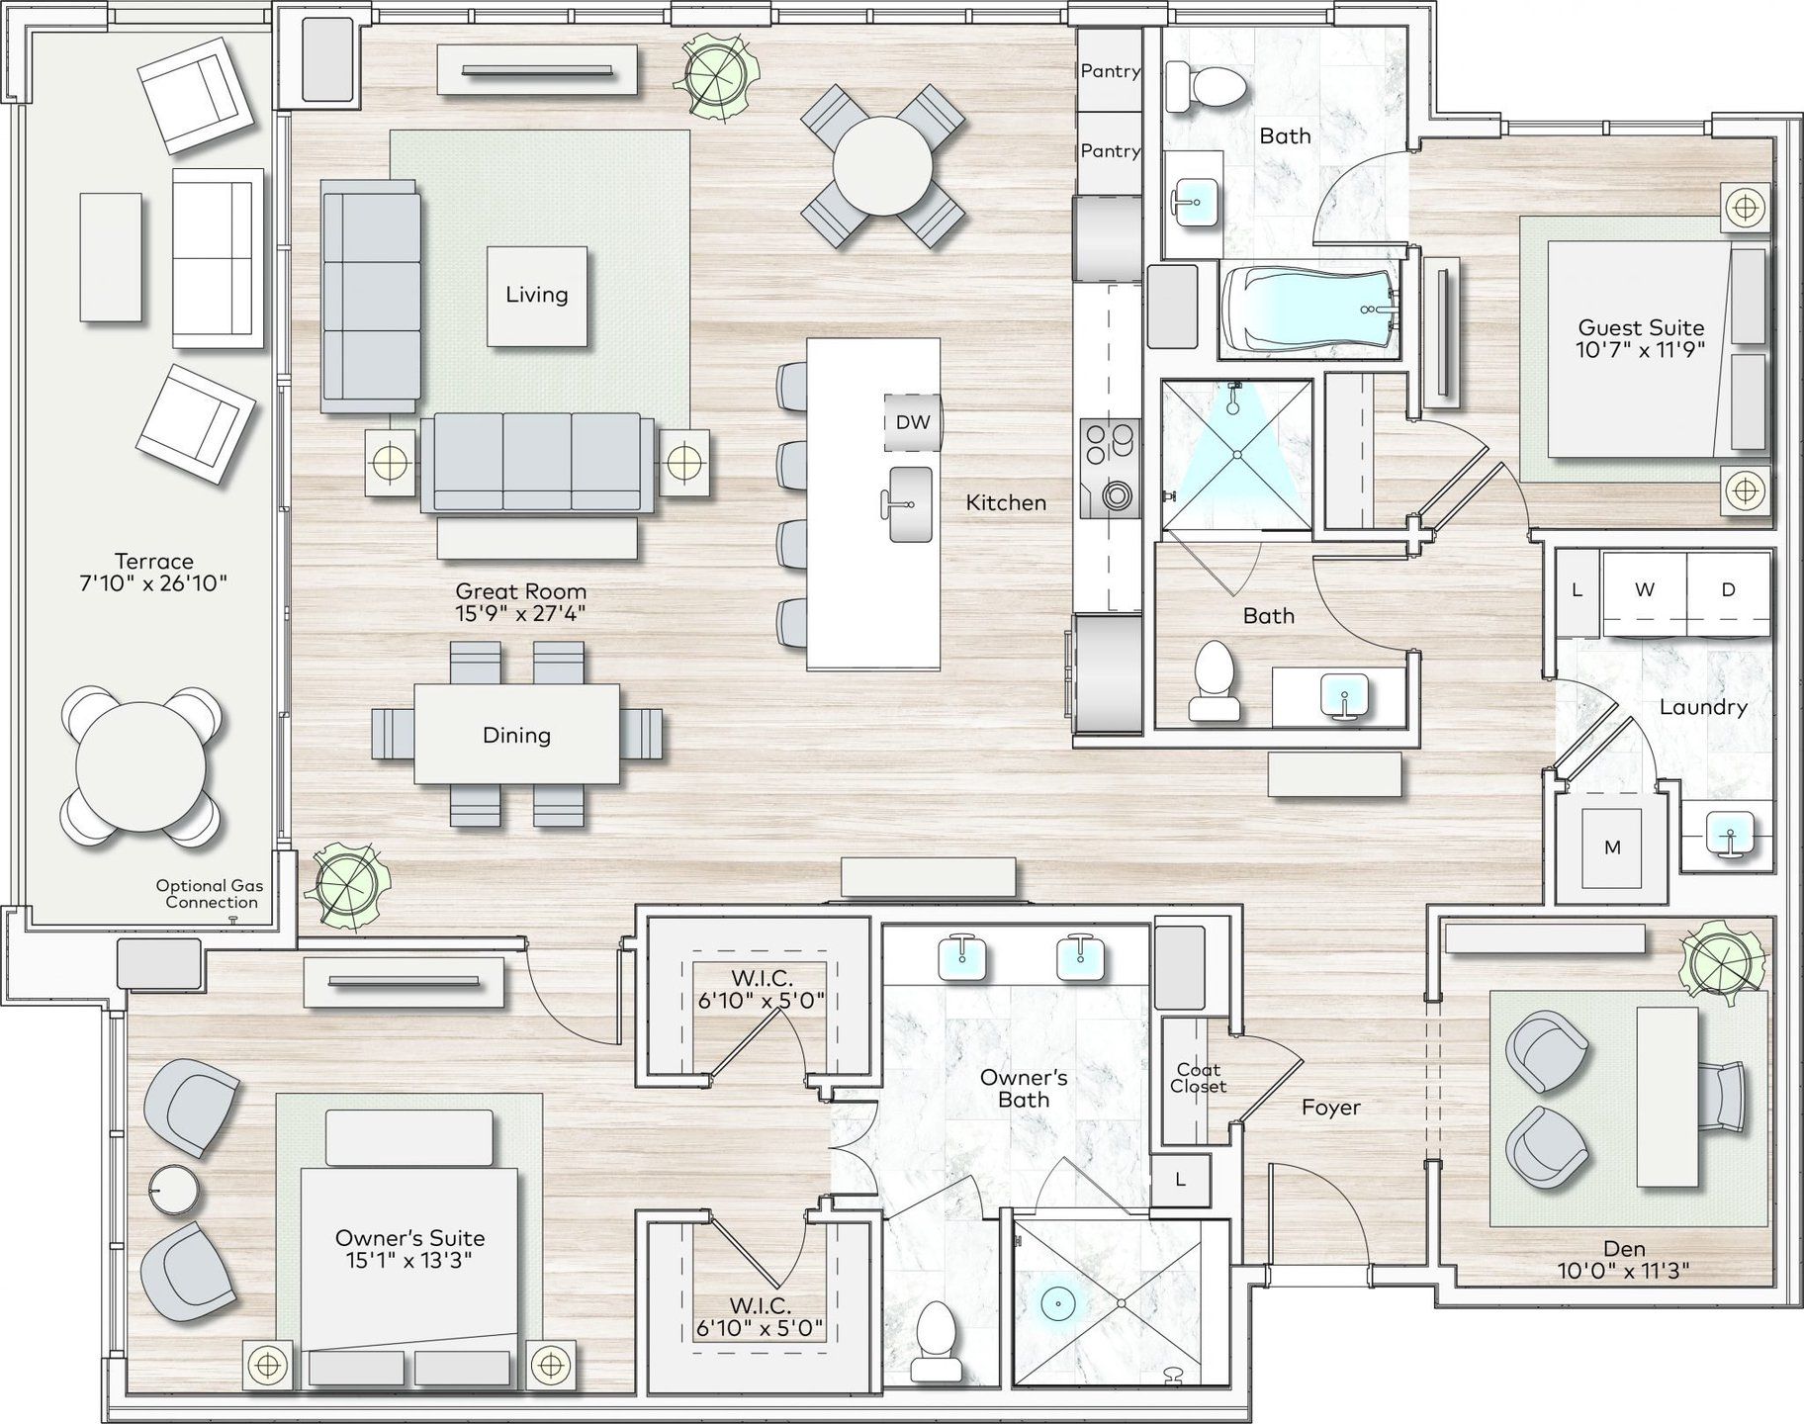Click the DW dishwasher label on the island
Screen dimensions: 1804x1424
click(x=913, y=422)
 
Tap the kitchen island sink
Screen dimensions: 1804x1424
click(x=909, y=504)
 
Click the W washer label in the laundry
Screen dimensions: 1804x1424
click(x=1645, y=589)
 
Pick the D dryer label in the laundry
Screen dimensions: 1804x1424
click(x=1728, y=589)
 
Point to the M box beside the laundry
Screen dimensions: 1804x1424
click(x=1612, y=847)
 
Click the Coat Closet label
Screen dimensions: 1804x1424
click(x=1198, y=1078)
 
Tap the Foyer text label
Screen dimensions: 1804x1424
click(x=1330, y=1108)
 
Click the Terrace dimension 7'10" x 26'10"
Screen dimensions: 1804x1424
click(x=153, y=583)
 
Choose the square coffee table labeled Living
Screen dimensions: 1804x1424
click(x=537, y=296)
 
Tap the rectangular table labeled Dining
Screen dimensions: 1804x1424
click(x=517, y=735)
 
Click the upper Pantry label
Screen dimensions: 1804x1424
click(x=1110, y=71)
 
